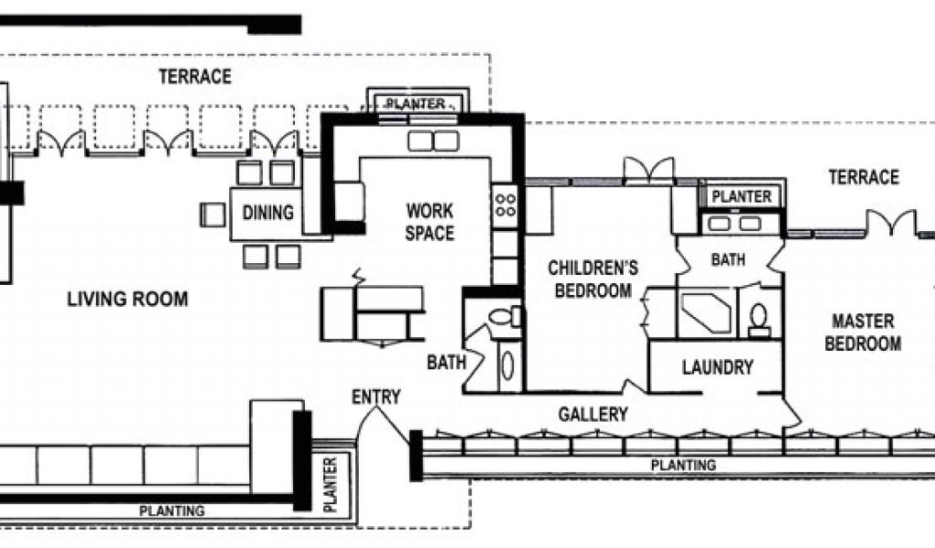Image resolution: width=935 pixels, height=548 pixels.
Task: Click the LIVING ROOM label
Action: click(x=127, y=299)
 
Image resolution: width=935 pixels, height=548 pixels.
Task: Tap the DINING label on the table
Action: click(x=268, y=212)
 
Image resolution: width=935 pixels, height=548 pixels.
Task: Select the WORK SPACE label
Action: click(x=429, y=222)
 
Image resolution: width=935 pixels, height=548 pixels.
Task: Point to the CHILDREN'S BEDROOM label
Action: click(x=593, y=279)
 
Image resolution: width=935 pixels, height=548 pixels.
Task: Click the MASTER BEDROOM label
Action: click(x=863, y=332)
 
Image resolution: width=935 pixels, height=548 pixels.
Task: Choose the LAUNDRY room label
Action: click(x=718, y=367)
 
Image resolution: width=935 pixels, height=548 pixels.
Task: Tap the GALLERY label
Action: click(x=593, y=415)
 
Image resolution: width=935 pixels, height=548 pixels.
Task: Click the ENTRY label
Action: click(x=375, y=397)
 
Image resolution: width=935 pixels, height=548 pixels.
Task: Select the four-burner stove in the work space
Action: click(x=505, y=205)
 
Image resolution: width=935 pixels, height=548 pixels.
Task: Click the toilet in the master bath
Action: click(x=759, y=321)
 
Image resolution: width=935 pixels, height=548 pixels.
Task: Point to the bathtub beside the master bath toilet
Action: click(x=708, y=313)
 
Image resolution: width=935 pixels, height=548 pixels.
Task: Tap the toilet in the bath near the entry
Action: click(x=504, y=316)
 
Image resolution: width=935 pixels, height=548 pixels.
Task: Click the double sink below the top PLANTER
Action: click(x=434, y=142)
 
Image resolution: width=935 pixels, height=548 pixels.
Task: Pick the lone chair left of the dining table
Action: click(x=212, y=215)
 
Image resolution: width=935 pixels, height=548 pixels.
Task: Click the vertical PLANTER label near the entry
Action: click(x=330, y=484)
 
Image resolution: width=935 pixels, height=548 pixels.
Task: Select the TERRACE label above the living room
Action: click(x=195, y=77)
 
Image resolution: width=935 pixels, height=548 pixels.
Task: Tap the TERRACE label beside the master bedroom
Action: click(x=864, y=177)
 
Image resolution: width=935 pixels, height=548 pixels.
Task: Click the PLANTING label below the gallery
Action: click(x=683, y=465)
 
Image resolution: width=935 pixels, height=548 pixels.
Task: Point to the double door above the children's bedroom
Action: click(x=649, y=169)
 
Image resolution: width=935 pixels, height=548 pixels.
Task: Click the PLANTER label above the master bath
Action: click(x=741, y=196)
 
